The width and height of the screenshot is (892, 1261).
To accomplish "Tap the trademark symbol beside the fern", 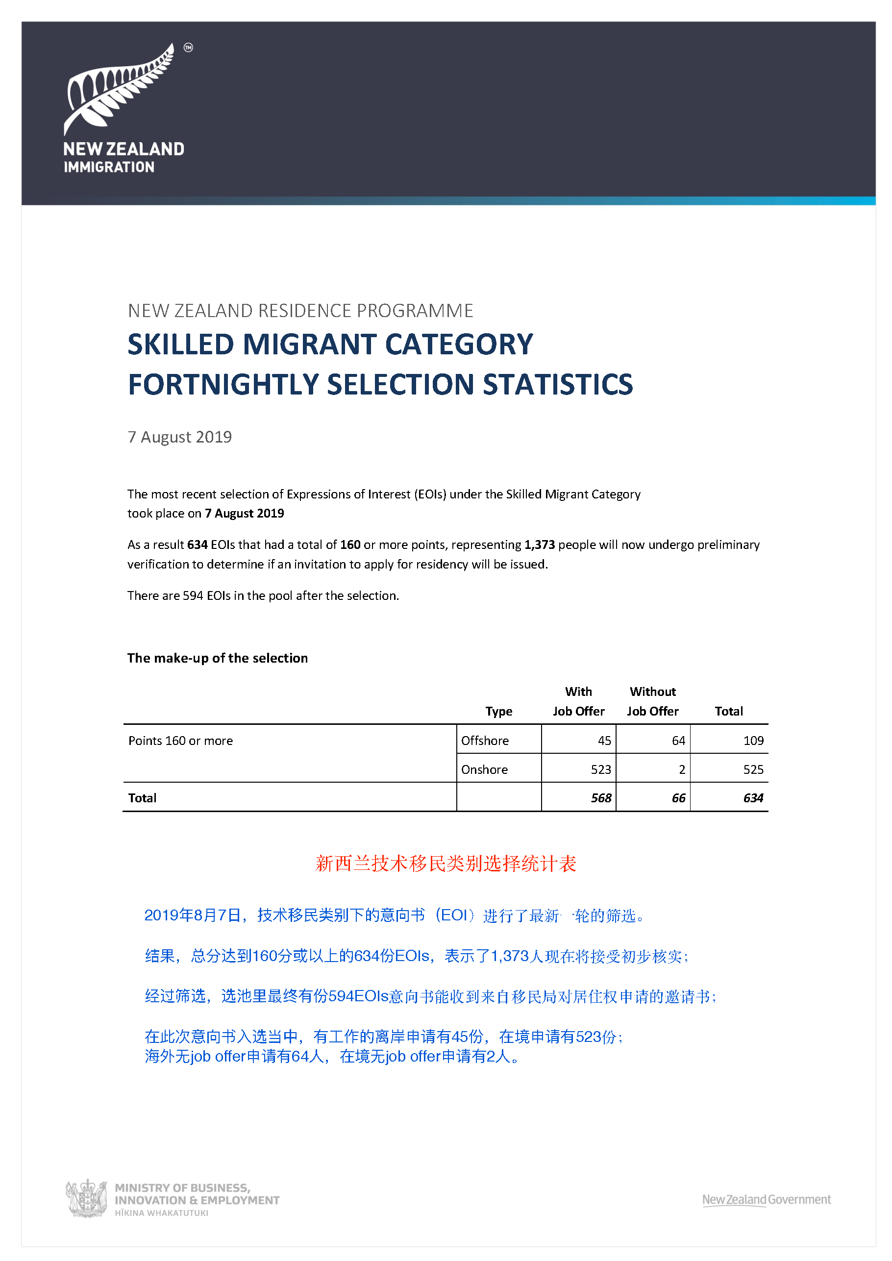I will pyautogui.click(x=188, y=48).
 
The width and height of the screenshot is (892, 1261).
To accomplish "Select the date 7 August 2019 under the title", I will pyautogui.click(x=179, y=437).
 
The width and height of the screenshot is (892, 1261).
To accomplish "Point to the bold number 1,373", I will pyautogui.click(x=540, y=545).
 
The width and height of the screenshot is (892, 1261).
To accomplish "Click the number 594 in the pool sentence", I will pyautogui.click(x=193, y=596).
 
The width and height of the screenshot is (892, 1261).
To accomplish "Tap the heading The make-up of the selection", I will pyautogui.click(x=218, y=658).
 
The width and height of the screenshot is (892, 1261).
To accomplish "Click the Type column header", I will pyautogui.click(x=499, y=711).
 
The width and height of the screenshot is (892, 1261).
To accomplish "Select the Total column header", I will pyautogui.click(x=728, y=711).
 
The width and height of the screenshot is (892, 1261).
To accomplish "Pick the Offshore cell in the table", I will pyautogui.click(x=485, y=741).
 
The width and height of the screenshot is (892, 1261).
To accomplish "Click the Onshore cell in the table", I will pyautogui.click(x=484, y=769).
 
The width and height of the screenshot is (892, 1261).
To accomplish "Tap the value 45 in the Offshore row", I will pyautogui.click(x=604, y=741).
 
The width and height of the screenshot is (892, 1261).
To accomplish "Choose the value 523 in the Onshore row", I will pyautogui.click(x=601, y=769).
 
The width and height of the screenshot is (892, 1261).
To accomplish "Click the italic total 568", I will pyautogui.click(x=601, y=798).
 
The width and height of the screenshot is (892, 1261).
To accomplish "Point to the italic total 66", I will pyautogui.click(x=678, y=798).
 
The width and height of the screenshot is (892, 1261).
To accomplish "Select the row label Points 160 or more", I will pyautogui.click(x=181, y=741).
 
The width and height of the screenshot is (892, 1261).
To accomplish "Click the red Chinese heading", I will pyautogui.click(x=446, y=864).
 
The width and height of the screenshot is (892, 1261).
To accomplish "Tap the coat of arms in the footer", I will pyautogui.click(x=86, y=1198).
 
